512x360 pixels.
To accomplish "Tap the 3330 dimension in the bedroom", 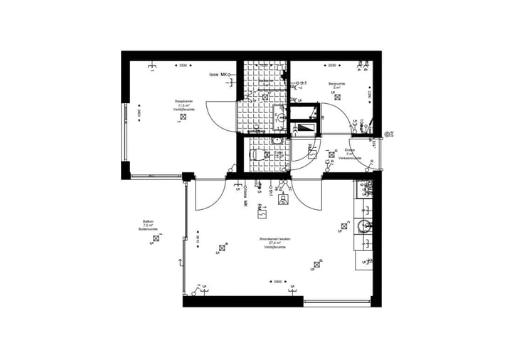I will (183, 65).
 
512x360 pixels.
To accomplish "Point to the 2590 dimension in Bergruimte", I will (332, 65).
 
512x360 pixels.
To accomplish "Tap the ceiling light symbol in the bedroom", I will (183, 117).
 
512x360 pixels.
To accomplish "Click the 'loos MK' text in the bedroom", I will (218, 75).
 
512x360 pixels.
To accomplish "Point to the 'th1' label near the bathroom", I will (303, 84).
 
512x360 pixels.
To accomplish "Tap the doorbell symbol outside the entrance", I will (388, 133).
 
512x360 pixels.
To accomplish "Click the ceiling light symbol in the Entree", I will (333, 152).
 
